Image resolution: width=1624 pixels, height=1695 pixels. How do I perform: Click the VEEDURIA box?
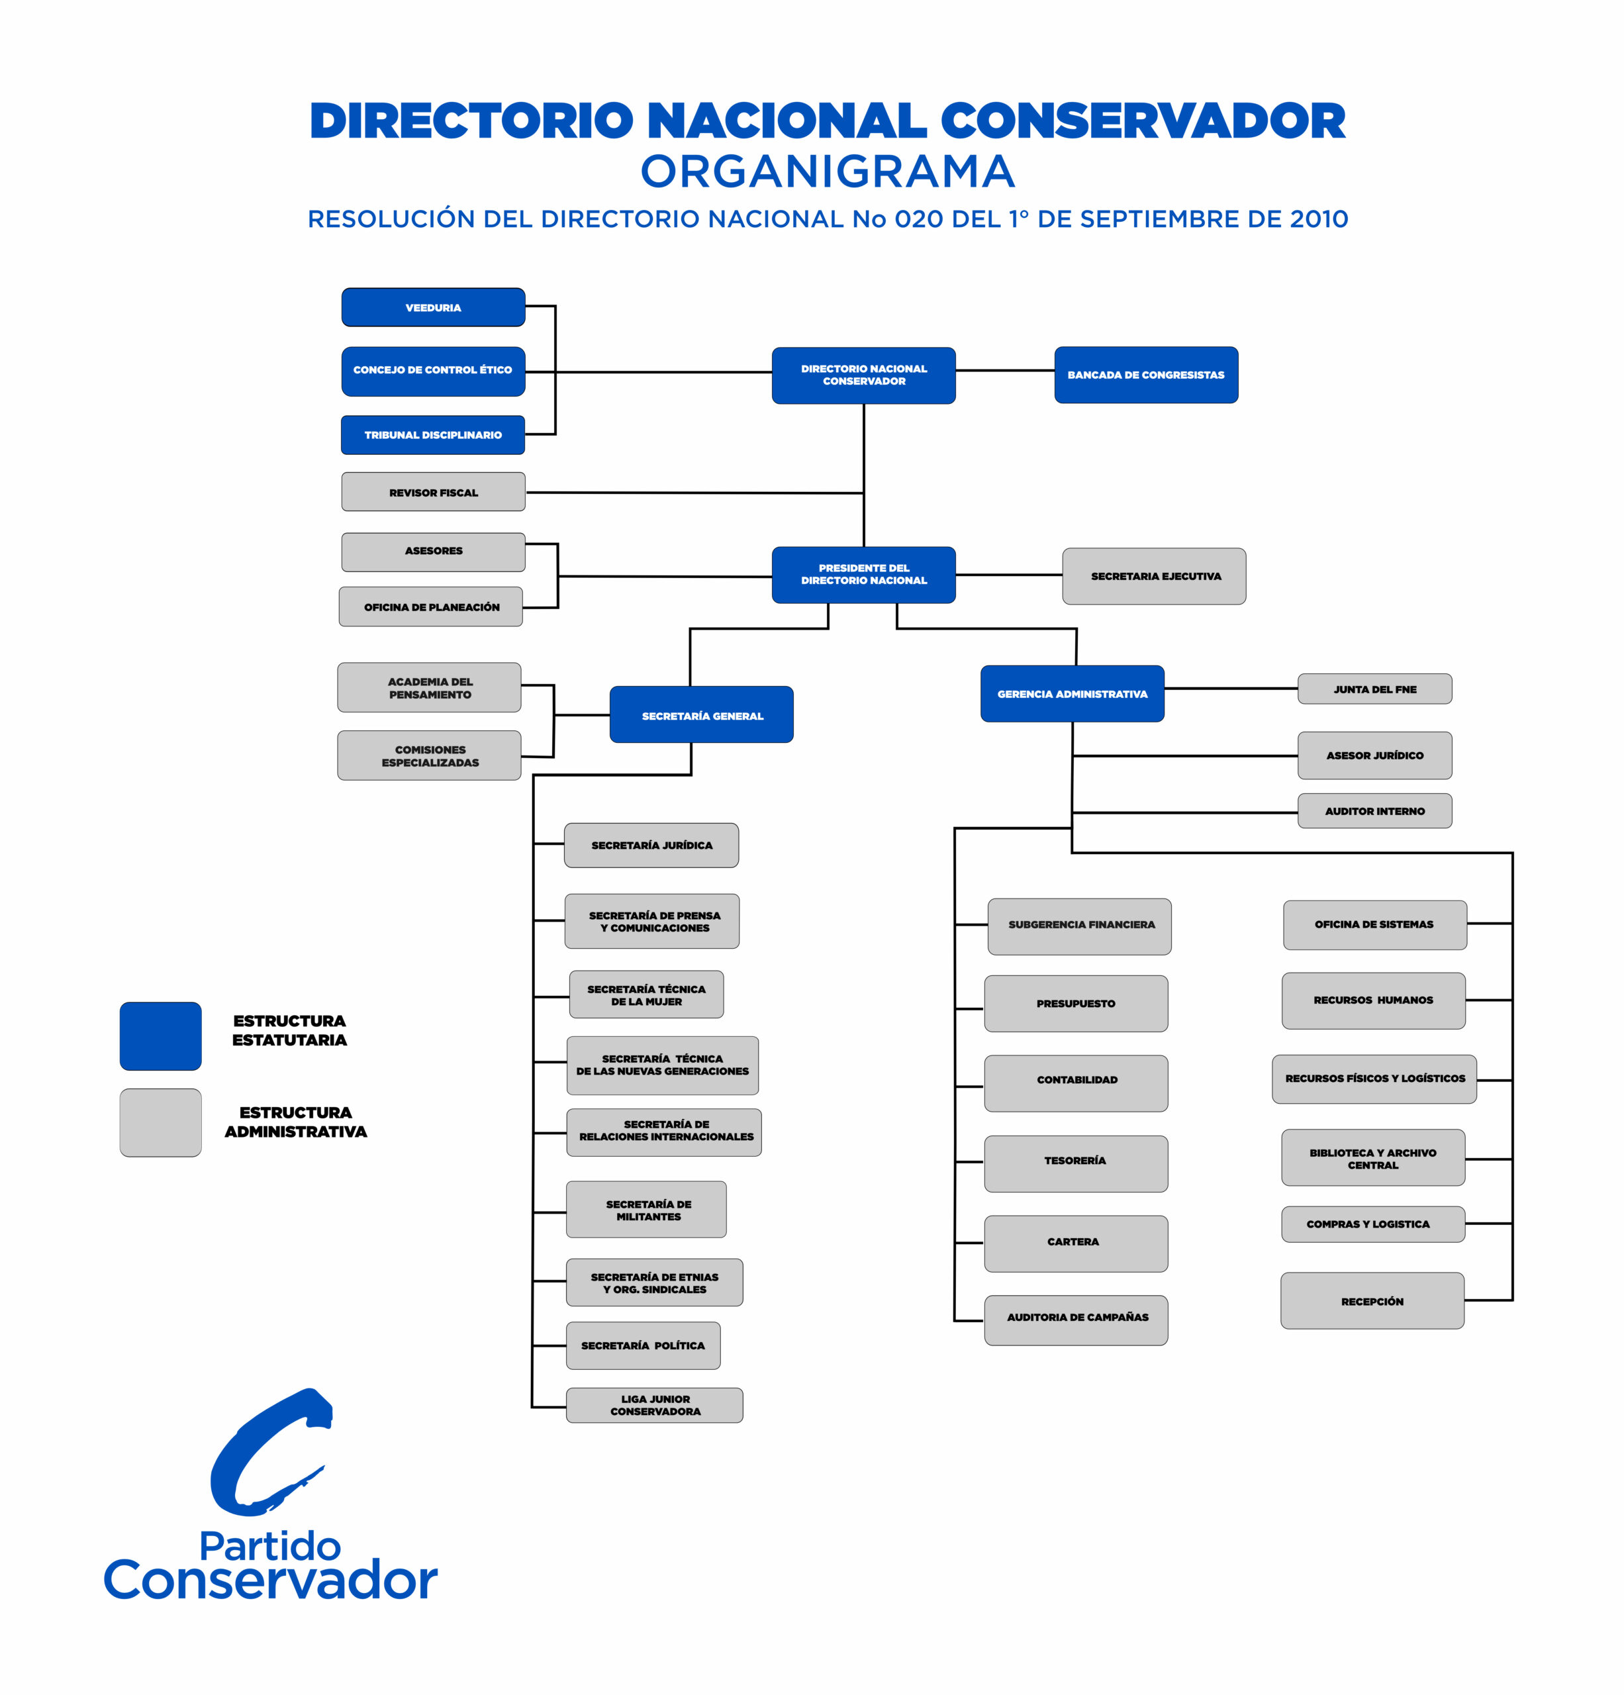432,307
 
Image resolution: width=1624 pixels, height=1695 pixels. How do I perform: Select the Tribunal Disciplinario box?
432,434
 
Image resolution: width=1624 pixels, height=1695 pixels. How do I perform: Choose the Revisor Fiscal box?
432,492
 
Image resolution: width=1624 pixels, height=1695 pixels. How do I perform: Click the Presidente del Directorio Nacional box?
863,574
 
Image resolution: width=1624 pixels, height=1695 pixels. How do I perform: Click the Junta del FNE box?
1374,689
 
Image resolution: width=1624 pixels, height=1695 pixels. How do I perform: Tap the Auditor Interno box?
1374,811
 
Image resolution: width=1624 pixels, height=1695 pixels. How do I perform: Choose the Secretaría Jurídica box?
651,845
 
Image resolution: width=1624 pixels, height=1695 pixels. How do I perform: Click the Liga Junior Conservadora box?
655,1405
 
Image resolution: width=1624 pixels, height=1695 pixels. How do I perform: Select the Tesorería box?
1075,1161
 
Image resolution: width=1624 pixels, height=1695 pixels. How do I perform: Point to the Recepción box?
1372,1302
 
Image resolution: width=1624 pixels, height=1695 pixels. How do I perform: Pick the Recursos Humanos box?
1372,1000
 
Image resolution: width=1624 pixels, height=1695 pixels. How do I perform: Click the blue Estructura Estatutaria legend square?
161,1036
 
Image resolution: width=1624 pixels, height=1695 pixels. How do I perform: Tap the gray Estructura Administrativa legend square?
161,1122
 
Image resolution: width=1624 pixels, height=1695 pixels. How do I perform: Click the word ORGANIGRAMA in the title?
828,171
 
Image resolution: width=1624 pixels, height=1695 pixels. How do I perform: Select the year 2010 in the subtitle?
1318,220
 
